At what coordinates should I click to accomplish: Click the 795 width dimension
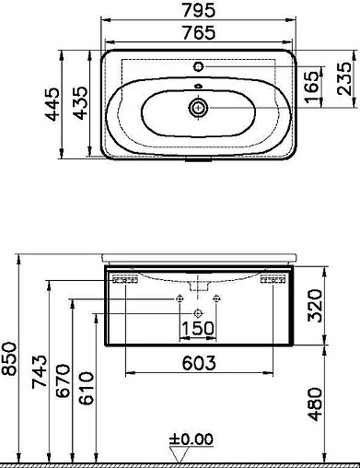(x=199, y=10)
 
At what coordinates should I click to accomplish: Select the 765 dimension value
(x=199, y=33)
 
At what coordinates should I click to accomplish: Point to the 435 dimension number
(x=80, y=103)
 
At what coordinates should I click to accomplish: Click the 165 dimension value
(x=312, y=87)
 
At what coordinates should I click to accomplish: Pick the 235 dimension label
(x=343, y=78)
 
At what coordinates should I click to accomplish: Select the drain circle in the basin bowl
(x=198, y=108)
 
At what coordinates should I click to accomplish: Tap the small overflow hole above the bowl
(x=198, y=87)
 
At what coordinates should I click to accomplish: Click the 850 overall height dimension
(x=9, y=359)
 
